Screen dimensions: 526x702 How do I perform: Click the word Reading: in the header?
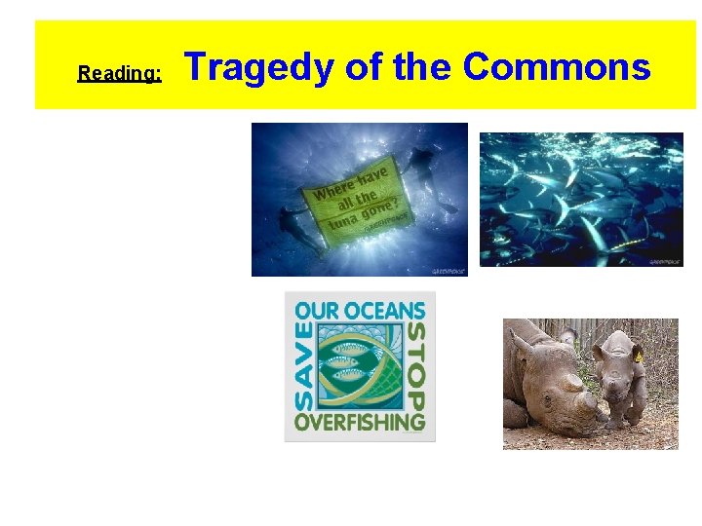click(119, 73)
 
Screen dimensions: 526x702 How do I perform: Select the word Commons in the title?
click(556, 67)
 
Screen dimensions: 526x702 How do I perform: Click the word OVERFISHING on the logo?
click(360, 424)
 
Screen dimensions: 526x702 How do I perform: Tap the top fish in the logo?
click(358, 346)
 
